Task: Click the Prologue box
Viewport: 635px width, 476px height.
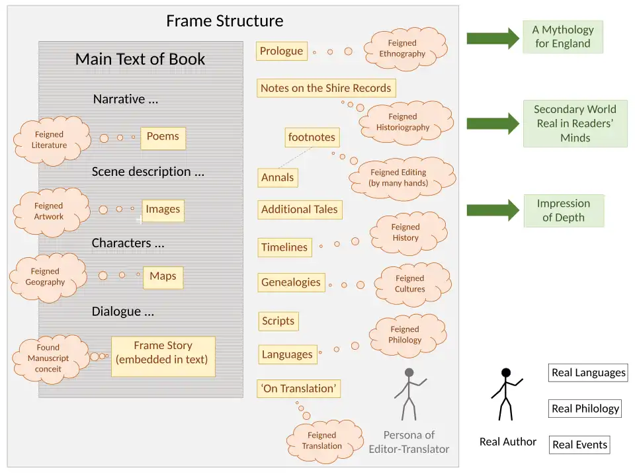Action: pyautogui.click(x=281, y=52)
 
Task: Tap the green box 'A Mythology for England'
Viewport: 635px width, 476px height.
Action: pyautogui.click(x=562, y=37)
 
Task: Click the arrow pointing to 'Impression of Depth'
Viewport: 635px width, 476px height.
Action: pyautogui.click(x=493, y=210)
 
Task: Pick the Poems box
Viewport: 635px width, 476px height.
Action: pyautogui.click(x=163, y=137)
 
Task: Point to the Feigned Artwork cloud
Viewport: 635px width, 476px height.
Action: pyautogui.click(x=49, y=211)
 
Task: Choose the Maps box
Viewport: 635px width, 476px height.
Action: pyautogui.click(x=163, y=276)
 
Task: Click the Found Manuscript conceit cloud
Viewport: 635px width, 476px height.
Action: pyautogui.click(x=48, y=358)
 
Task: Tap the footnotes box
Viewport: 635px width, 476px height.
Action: pyautogui.click(x=312, y=138)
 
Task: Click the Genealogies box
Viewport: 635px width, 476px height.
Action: pyautogui.click(x=291, y=282)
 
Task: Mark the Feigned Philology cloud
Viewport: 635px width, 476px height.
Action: pyautogui.click(x=405, y=335)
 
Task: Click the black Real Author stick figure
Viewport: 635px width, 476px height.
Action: pyautogui.click(x=506, y=394)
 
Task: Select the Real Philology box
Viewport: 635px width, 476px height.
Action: pyautogui.click(x=585, y=409)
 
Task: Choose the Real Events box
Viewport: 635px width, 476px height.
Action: pyautogui.click(x=579, y=445)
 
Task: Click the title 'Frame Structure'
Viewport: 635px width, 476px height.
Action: pyautogui.click(x=225, y=21)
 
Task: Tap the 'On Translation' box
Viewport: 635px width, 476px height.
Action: pyautogui.click(x=299, y=389)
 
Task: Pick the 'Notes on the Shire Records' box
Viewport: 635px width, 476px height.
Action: pyautogui.click(x=325, y=88)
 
